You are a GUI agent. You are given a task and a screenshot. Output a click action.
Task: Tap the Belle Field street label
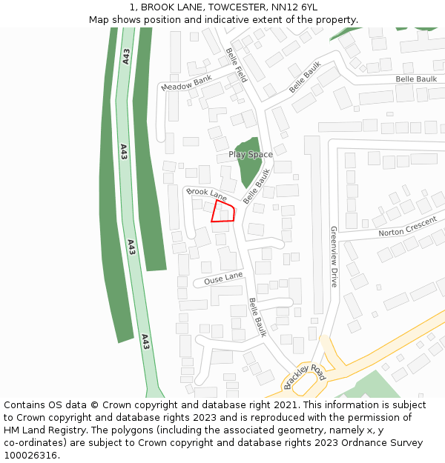point(236,64)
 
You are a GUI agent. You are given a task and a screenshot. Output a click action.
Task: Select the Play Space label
point(250,155)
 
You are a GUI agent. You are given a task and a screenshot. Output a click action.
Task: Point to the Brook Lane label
point(206,194)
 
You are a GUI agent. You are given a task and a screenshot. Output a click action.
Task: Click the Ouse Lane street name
point(223,278)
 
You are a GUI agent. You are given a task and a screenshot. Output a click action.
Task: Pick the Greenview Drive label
point(334,256)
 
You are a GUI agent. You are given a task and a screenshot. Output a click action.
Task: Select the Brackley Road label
point(305,376)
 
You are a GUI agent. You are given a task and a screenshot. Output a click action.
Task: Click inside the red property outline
point(222,212)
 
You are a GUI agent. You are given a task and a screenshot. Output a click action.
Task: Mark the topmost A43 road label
point(126,56)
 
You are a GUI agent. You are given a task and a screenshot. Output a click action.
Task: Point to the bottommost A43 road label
point(145,342)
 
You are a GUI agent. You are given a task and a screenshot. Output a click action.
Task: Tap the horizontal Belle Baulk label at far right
point(416,79)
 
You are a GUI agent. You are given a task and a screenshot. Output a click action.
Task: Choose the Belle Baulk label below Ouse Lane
point(257,317)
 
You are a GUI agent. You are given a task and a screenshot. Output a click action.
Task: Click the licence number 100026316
point(30,456)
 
